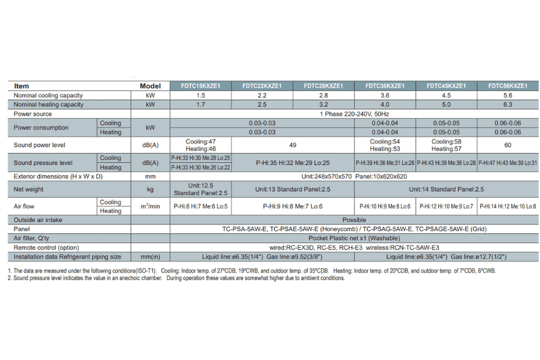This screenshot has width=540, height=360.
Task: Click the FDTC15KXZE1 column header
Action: click(200, 86)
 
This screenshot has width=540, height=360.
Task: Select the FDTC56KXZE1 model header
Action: click(508, 86)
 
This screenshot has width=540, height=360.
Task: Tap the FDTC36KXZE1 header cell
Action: click(385, 86)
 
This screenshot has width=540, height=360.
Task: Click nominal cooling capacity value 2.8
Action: click(323, 95)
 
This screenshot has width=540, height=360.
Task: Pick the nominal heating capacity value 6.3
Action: click(508, 104)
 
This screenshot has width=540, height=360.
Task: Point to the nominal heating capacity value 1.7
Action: click(200, 104)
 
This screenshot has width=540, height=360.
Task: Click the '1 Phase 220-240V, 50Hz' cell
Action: click(354, 113)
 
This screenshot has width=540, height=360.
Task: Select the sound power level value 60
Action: click(508, 145)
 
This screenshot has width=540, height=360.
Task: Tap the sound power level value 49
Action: click(293, 145)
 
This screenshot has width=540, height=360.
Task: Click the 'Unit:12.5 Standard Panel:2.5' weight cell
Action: click(200, 189)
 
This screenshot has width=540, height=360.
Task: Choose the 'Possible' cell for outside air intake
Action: click(354, 220)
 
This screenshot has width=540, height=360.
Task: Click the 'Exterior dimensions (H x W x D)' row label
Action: click(58, 176)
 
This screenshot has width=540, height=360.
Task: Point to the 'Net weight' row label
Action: click(28, 189)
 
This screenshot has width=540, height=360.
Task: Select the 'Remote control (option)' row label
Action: click(46, 247)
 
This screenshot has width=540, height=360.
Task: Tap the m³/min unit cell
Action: click(150, 206)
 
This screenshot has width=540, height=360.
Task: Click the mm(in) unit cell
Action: click(150, 257)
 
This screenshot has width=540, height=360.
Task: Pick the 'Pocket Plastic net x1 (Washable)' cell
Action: click(354, 238)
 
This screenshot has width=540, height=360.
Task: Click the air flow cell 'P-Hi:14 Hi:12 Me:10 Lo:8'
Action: click(508, 206)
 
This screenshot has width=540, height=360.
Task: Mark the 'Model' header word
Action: click(150, 86)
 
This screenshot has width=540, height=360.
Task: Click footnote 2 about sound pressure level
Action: click(176, 278)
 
